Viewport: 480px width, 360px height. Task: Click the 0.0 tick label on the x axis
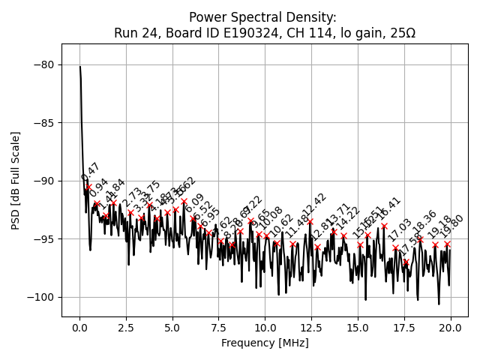click(79, 328)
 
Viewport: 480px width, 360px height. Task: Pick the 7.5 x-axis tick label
click(219, 328)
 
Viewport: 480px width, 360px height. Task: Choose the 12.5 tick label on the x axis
click(311, 328)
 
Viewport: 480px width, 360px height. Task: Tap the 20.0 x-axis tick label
click(450, 328)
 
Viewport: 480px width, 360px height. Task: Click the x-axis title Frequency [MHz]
click(265, 343)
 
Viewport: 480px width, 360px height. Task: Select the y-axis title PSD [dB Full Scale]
click(15, 180)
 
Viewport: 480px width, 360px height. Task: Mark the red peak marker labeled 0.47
click(88, 187)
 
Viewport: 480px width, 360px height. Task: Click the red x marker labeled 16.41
click(384, 226)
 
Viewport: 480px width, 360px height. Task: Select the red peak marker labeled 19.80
click(447, 244)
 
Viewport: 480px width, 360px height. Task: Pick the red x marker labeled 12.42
click(310, 221)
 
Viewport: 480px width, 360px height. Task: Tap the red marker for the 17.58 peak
click(406, 262)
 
